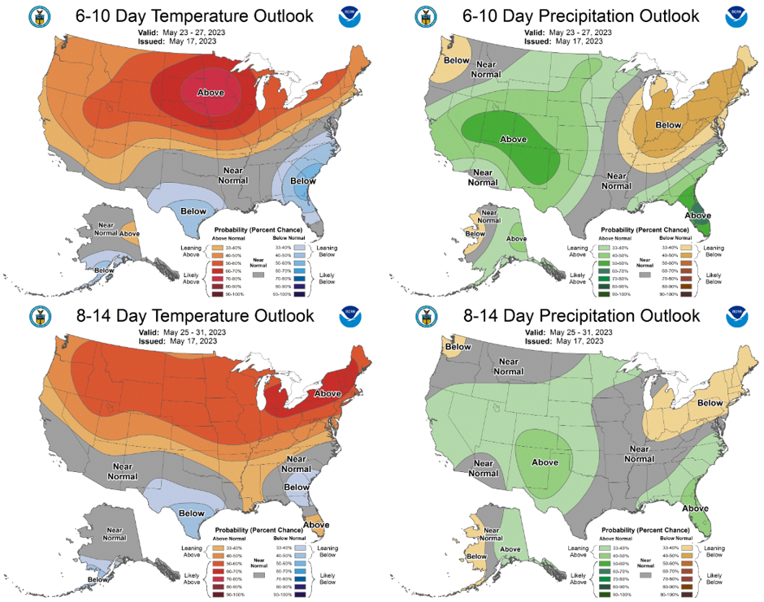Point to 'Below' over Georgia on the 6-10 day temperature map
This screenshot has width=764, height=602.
point(303,180)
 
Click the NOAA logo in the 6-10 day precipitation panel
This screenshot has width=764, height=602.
point(736,15)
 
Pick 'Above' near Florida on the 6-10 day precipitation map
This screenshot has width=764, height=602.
point(698,215)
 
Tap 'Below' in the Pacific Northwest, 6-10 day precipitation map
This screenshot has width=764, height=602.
point(457,59)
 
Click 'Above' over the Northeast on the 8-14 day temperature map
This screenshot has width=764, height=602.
point(328,393)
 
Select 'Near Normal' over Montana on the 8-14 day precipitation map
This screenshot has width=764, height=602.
point(509,366)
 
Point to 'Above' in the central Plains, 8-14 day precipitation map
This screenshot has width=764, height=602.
point(545,462)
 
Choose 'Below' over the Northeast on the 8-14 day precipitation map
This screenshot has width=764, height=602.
point(710,402)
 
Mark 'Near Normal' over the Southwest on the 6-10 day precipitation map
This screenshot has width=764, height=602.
point(483,177)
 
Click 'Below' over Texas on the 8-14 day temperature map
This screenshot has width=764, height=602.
point(192,513)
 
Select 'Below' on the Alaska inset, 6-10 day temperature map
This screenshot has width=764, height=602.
point(105,271)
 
